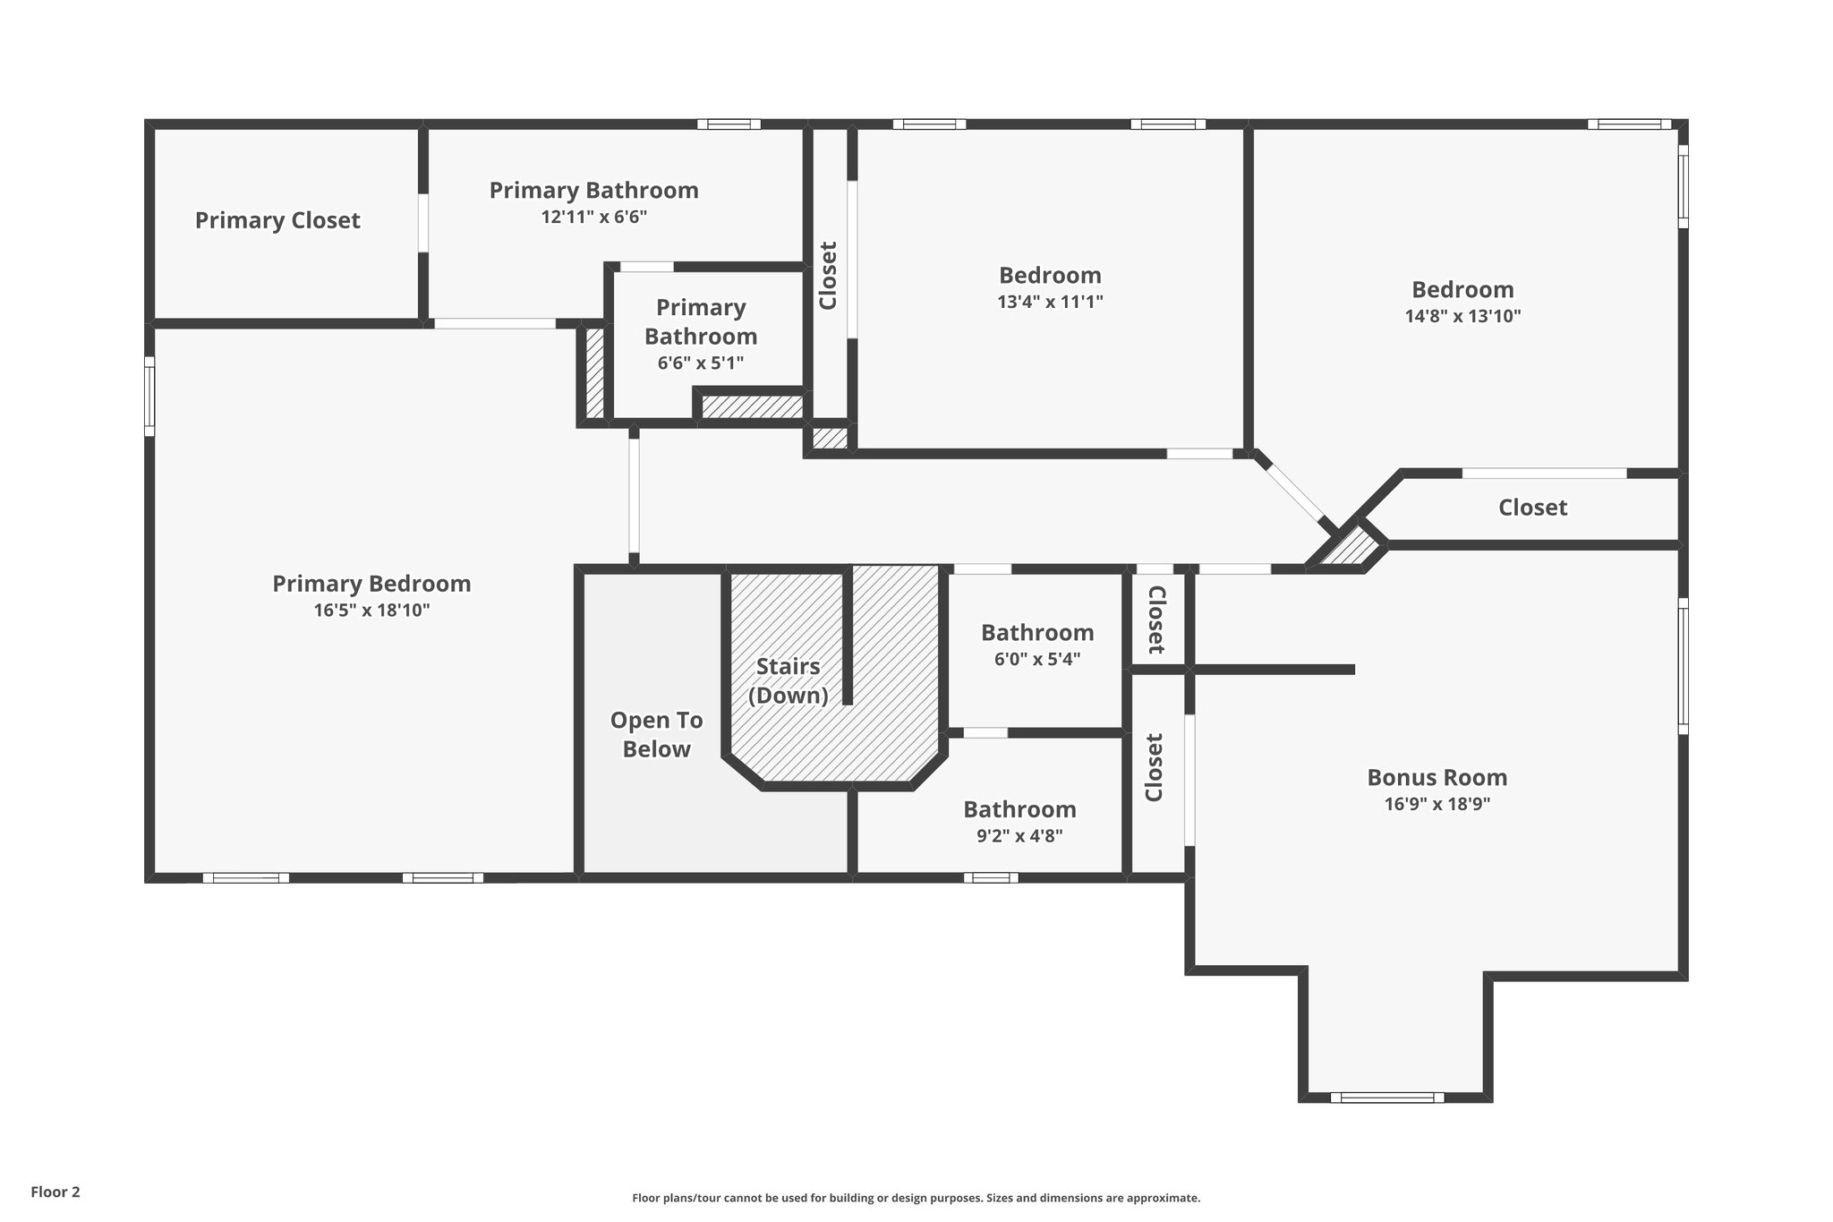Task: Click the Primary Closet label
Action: pyautogui.click(x=277, y=220)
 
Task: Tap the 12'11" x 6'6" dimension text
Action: pyautogui.click(x=593, y=217)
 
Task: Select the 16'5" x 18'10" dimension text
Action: pyautogui.click(x=371, y=611)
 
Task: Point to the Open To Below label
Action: pyautogui.click(x=656, y=735)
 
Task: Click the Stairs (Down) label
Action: pyautogui.click(x=788, y=680)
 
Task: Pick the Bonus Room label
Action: pyautogui.click(x=1437, y=777)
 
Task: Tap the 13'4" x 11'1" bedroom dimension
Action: pyautogui.click(x=1050, y=302)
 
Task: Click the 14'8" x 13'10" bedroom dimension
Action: pyautogui.click(x=1462, y=316)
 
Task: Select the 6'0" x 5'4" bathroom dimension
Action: pyautogui.click(x=1037, y=660)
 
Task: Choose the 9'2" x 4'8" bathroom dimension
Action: pyautogui.click(x=1019, y=836)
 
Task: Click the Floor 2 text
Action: pyautogui.click(x=55, y=1192)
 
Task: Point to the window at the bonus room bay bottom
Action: pyautogui.click(x=1386, y=1098)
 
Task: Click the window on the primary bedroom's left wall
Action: pyautogui.click(x=149, y=397)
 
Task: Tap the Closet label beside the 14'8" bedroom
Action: pyautogui.click(x=1532, y=508)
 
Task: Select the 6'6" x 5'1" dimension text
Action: pyautogui.click(x=701, y=363)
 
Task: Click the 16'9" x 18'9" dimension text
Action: pyautogui.click(x=1437, y=804)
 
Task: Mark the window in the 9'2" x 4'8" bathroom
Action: pyautogui.click(x=991, y=877)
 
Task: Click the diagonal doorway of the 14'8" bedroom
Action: pyautogui.click(x=1294, y=491)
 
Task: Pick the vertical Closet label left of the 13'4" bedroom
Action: pyautogui.click(x=828, y=276)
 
